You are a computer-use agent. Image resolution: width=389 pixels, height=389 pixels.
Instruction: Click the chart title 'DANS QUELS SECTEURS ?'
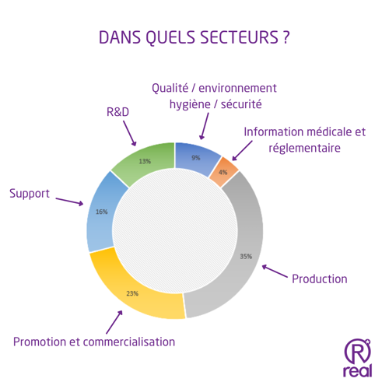click(x=194, y=37)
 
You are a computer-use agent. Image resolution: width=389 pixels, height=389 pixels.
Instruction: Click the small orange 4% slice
click(x=223, y=172)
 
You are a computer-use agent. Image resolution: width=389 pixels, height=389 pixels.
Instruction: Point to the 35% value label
click(x=246, y=257)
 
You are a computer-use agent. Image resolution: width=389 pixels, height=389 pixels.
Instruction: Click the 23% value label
click(x=132, y=293)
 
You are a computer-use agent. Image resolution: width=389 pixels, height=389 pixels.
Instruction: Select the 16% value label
click(x=102, y=212)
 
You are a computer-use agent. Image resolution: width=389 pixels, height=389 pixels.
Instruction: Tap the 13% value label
click(x=145, y=161)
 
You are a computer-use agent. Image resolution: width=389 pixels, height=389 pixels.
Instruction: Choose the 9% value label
click(x=196, y=158)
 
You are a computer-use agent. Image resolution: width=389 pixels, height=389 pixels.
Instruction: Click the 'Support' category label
click(x=30, y=194)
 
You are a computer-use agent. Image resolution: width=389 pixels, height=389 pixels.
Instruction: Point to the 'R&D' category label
click(x=117, y=112)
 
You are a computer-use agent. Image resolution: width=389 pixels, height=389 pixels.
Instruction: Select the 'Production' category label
click(x=320, y=279)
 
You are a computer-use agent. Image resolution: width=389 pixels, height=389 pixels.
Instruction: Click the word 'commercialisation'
click(x=129, y=342)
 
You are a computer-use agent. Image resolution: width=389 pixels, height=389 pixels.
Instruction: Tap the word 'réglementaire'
click(x=304, y=149)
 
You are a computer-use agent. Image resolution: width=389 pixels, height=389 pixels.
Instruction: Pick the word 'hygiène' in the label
click(x=190, y=105)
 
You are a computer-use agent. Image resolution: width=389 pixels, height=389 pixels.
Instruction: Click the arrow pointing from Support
click(x=69, y=202)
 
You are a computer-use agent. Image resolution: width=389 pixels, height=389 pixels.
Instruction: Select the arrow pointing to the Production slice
click(x=275, y=271)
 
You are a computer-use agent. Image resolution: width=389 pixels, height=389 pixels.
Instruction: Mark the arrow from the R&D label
click(x=130, y=134)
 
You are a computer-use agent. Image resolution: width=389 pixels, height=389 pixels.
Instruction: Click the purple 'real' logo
click(x=358, y=358)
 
